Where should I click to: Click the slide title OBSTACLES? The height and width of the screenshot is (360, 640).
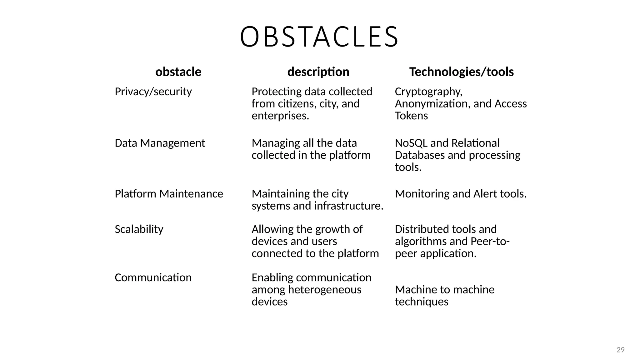pyautogui.click(x=319, y=37)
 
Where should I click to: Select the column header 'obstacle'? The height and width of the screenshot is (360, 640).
pyautogui.click(x=178, y=72)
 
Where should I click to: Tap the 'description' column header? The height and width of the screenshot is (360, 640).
pyautogui.click(x=318, y=72)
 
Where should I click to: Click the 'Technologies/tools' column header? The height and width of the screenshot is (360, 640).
pyautogui.click(x=461, y=72)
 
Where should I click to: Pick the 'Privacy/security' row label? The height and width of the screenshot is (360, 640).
pyautogui.click(x=153, y=92)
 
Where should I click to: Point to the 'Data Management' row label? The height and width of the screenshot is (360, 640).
pyautogui.click(x=160, y=143)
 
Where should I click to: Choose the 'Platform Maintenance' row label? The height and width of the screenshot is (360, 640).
pyautogui.click(x=169, y=194)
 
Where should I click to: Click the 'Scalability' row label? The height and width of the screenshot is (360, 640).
pyautogui.click(x=139, y=229)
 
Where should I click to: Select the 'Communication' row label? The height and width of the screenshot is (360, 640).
pyautogui.click(x=153, y=277)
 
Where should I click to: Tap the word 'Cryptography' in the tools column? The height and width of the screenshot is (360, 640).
pyautogui.click(x=428, y=92)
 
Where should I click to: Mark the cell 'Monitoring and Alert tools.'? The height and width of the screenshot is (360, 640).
pyautogui.click(x=461, y=194)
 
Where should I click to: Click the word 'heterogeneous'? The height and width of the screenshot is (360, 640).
pyautogui.click(x=324, y=290)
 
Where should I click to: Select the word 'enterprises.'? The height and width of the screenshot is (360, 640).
pyautogui.click(x=280, y=116)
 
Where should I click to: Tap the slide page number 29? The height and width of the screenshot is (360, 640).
pyautogui.click(x=620, y=350)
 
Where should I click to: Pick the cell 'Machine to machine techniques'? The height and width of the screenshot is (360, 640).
pyautogui.click(x=444, y=296)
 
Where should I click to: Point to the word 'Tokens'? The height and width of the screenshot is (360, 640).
pyautogui.click(x=411, y=116)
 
